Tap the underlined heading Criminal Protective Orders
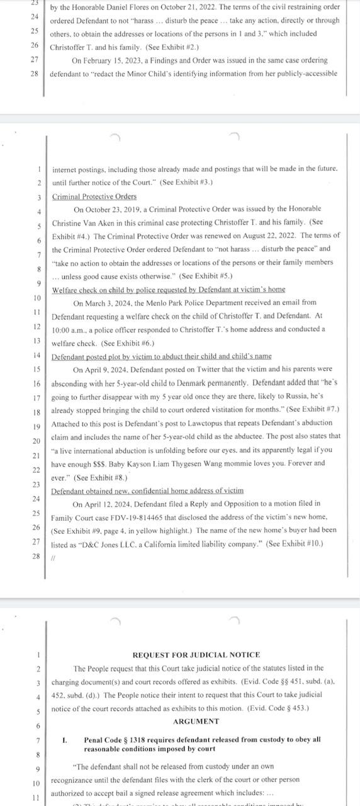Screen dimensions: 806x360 (94, 196)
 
